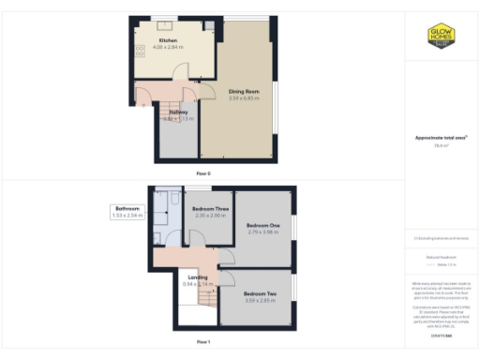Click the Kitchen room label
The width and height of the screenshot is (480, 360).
tap(168, 41)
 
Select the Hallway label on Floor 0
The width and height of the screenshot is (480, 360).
tap(178, 112)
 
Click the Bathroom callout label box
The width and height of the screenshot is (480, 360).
tap(127, 212)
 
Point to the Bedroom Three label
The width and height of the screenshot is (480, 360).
tap(211, 209)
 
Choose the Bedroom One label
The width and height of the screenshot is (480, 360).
tap(263, 226)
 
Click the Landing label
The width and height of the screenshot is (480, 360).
tap(198, 277)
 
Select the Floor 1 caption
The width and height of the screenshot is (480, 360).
tap(203, 343)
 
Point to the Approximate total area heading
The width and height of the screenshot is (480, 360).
tap(441, 138)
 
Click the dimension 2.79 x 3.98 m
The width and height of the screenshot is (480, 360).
tap(263, 232)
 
